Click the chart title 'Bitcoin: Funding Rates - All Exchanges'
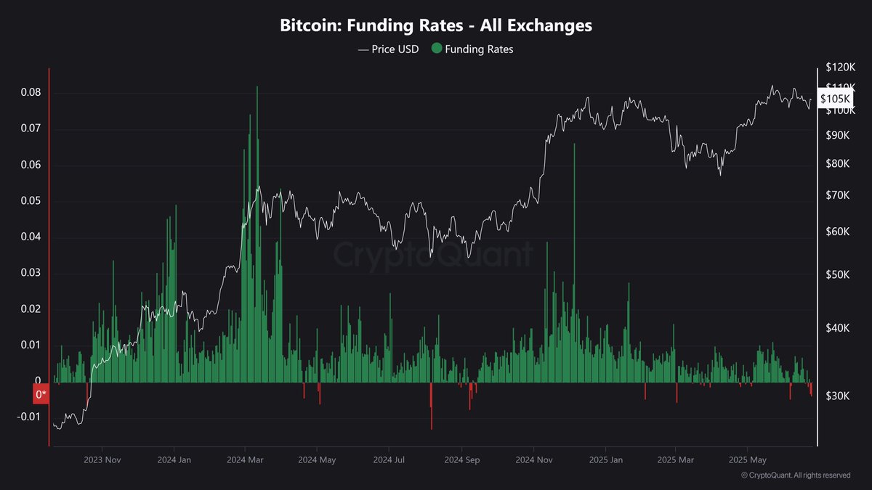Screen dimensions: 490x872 tap(436, 25)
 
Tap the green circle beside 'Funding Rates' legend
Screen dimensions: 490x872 tap(436, 49)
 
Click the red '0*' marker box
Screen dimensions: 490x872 tap(41, 394)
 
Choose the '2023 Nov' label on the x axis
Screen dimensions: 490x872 tap(102, 460)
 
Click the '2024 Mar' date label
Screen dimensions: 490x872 tap(246, 460)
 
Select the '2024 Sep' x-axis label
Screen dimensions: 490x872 tap(462, 460)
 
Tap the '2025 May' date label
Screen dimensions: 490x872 tap(748, 460)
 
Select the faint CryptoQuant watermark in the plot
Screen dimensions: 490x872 tap(433, 255)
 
